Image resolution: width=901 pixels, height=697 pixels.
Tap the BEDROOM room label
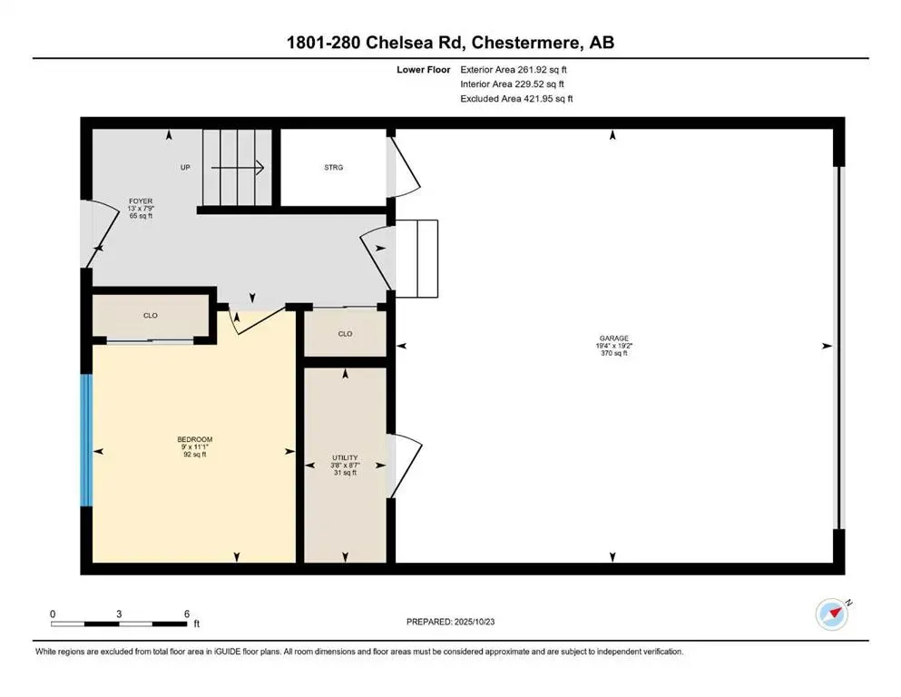pyautogui.click(x=196, y=439)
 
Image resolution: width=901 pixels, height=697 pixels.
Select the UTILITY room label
pyautogui.click(x=345, y=457)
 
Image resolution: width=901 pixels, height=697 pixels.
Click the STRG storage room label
pyautogui.click(x=334, y=167)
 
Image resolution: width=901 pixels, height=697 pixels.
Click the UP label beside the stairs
pyautogui.click(x=185, y=167)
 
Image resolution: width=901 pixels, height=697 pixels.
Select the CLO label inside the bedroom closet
pyautogui.click(x=151, y=316)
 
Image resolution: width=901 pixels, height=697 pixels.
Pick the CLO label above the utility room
pyautogui.click(x=345, y=334)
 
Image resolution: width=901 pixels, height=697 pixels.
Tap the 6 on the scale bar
pyautogui.click(x=186, y=614)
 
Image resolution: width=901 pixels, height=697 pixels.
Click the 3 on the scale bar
pyautogui.click(x=119, y=614)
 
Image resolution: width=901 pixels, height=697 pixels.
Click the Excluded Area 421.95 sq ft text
pyautogui.click(x=516, y=98)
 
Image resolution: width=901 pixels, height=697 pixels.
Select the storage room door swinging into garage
pyautogui.click(x=405, y=166)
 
